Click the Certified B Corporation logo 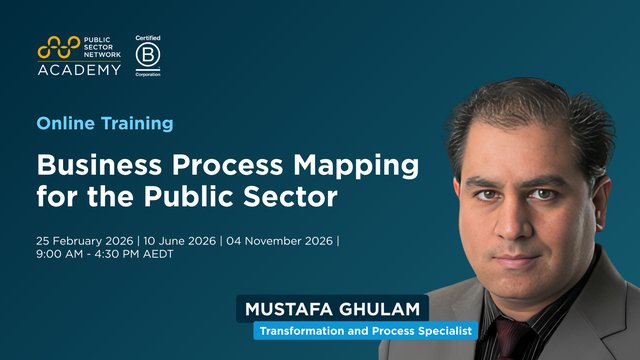pos(147,57)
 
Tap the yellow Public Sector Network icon pos(59,47)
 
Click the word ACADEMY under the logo pos(79,69)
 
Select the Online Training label pos(105,123)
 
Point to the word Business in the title pos(93,163)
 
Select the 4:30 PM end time pos(113,254)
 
